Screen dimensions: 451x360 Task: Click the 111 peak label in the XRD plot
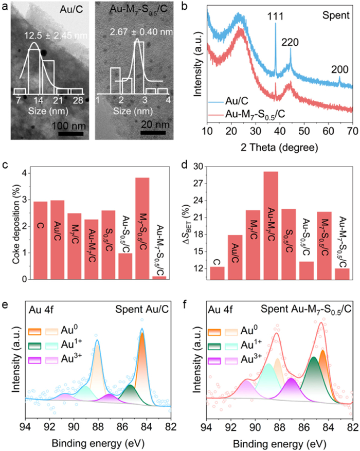coord(276,16)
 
